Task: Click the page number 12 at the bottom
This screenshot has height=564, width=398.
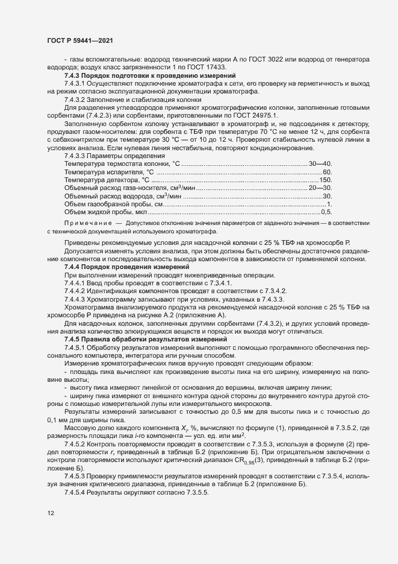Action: pos(50,513)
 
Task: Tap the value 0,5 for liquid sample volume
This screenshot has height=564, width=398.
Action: pos(326,212)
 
